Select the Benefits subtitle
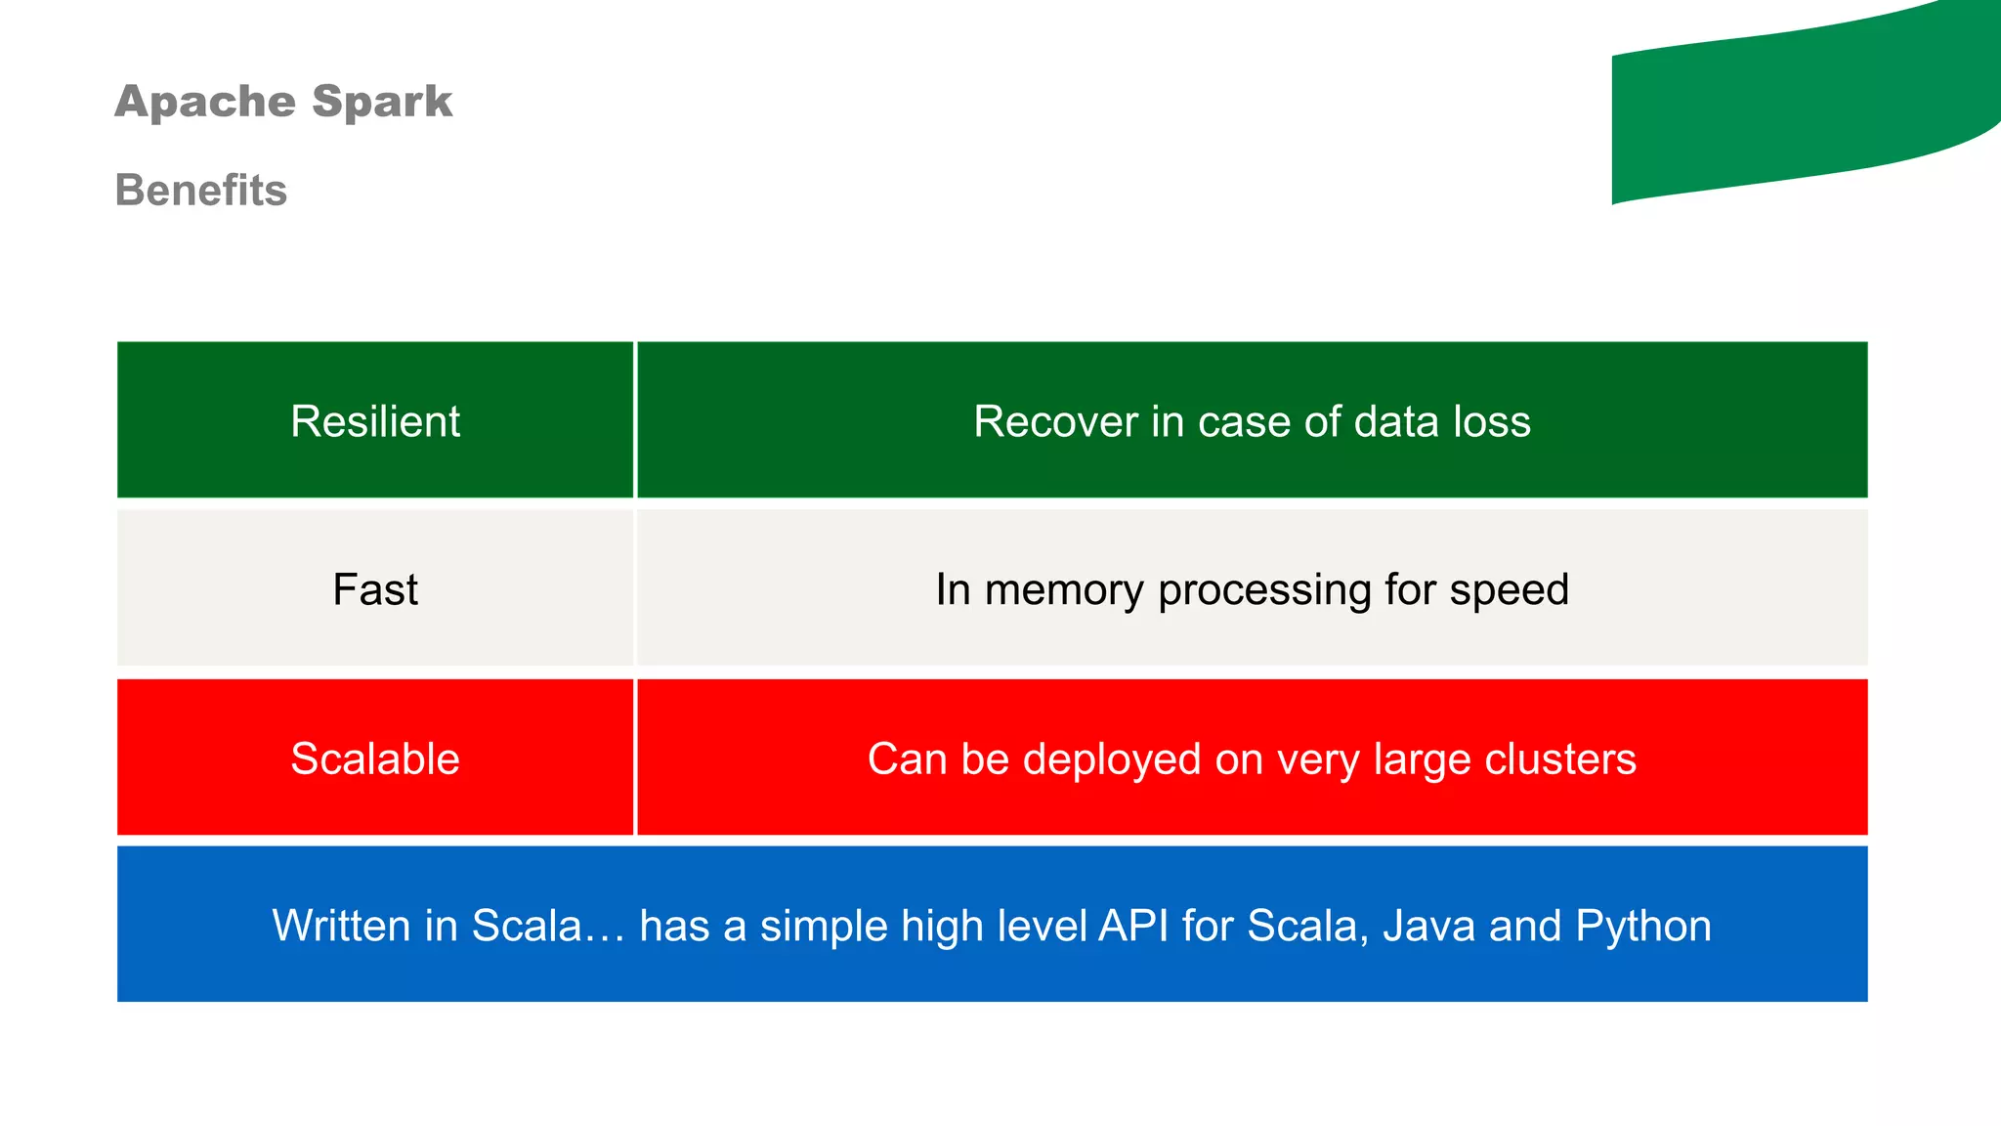click(x=201, y=190)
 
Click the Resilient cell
click(x=375, y=421)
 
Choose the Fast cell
click(x=375, y=589)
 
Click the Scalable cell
click(x=375, y=758)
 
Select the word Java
click(x=1428, y=926)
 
